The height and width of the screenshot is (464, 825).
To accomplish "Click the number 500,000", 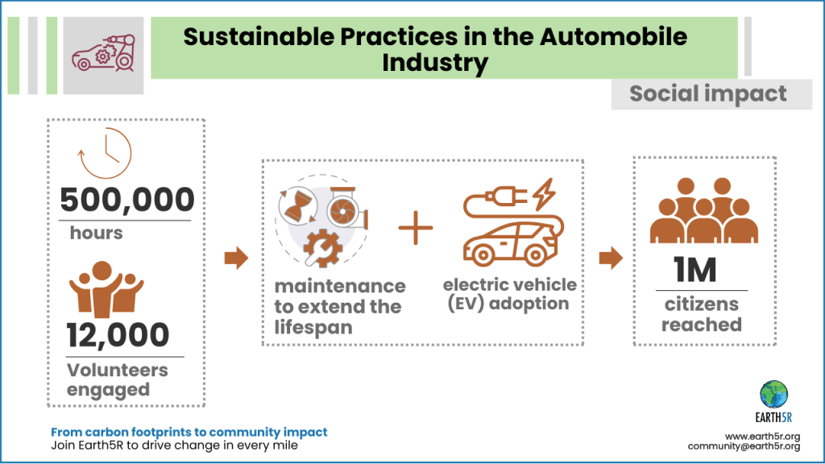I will (x=127, y=200).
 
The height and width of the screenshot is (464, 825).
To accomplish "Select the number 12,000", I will (x=118, y=335).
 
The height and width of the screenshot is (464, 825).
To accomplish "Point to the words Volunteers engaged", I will (x=118, y=379).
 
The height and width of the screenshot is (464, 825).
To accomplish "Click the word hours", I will (x=96, y=233).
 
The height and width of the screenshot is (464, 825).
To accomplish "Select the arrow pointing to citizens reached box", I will (x=611, y=259).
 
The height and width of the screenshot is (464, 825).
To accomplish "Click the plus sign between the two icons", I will (x=416, y=229).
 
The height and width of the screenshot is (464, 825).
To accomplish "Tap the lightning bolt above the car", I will (x=544, y=194).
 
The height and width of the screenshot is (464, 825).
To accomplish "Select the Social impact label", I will (x=707, y=93).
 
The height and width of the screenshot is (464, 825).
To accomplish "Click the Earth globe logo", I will (x=773, y=394).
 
